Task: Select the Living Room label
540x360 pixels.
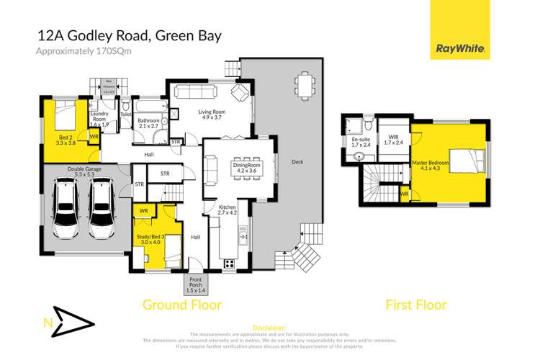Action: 214,115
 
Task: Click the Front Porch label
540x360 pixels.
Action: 196,284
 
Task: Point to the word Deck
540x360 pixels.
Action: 297,162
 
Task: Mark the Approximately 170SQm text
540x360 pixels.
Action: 80,50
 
